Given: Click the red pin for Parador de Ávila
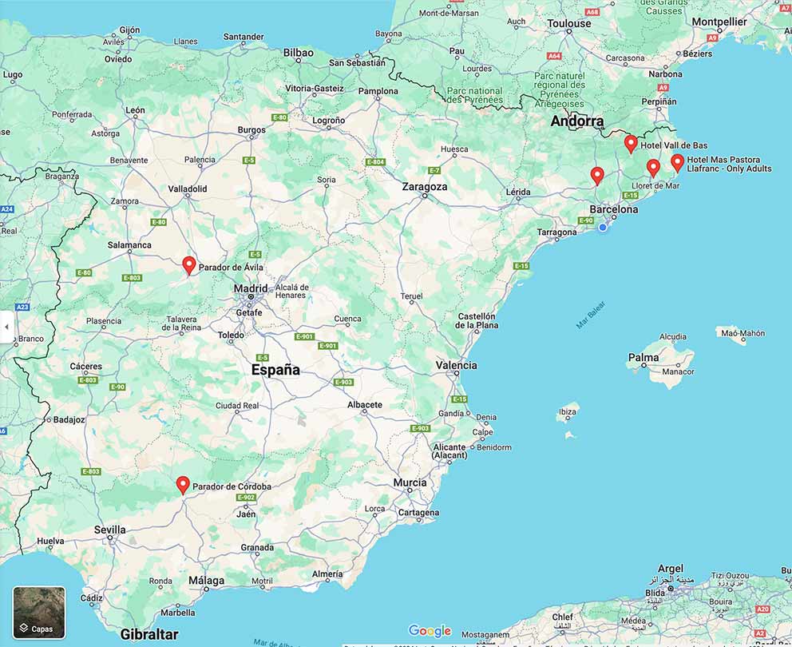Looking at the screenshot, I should pyautogui.click(x=189, y=265).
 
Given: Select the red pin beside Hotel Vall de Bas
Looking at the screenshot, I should pyautogui.click(x=631, y=144).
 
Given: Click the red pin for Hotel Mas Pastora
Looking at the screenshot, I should pyautogui.click(x=678, y=163).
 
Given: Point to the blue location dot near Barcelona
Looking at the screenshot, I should pyautogui.click(x=603, y=228).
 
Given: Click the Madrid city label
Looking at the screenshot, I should pyautogui.click(x=251, y=288).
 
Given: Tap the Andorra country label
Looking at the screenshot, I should pyautogui.click(x=577, y=121).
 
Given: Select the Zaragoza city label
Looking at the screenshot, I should pyautogui.click(x=425, y=186).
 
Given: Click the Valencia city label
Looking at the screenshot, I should pyautogui.click(x=457, y=365).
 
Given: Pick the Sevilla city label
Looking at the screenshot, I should pyautogui.click(x=110, y=530).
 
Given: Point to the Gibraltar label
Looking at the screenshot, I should pyautogui.click(x=149, y=634).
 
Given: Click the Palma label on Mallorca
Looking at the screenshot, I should pyautogui.click(x=643, y=358).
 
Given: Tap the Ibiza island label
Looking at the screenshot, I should pyautogui.click(x=568, y=412).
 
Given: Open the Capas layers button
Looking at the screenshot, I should pyautogui.click(x=39, y=613).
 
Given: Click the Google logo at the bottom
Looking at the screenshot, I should pyautogui.click(x=430, y=631).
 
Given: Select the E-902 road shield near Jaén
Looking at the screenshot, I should pyautogui.click(x=246, y=498).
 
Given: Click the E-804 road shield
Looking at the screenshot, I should pyautogui.click(x=376, y=162).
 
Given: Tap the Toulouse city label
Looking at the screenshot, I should pyautogui.click(x=569, y=23).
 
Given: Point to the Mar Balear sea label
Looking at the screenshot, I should pyautogui.click(x=591, y=315).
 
